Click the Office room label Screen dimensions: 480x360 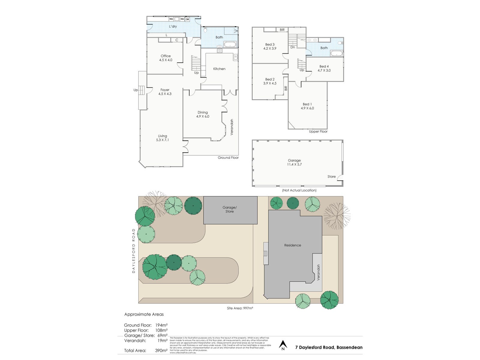click(x=166, y=58)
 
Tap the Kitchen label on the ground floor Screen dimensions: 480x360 click(x=219, y=69)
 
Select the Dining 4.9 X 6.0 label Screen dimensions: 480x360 click(x=203, y=114)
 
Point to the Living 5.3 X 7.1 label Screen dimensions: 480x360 click(x=163, y=138)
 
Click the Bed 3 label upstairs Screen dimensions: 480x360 click(x=270, y=46)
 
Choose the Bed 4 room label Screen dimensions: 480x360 click(x=324, y=68)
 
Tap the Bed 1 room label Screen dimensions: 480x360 click(x=307, y=106)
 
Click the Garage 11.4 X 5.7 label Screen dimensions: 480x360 click(x=294, y=162)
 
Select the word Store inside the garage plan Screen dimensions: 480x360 click(x=331, y=176)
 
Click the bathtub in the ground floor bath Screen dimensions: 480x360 click(x=230, y=45)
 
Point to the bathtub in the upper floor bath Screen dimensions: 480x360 click(x=336, y=54)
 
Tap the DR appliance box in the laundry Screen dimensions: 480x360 click(x=187, y=19)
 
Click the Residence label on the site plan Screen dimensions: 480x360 click(x=292, y=245)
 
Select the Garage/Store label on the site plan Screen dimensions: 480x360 click(x=229, y=209)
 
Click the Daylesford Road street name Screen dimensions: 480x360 click(x=134, y=251)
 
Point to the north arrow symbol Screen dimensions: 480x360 click(x=282, y=345)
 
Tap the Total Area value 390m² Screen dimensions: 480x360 click(x=161, y=350)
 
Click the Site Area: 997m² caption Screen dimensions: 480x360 click(x=240, y=308)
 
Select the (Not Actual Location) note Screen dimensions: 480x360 click(x=299, y=190)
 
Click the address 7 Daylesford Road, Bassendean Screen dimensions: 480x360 click(x=329, y=347)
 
